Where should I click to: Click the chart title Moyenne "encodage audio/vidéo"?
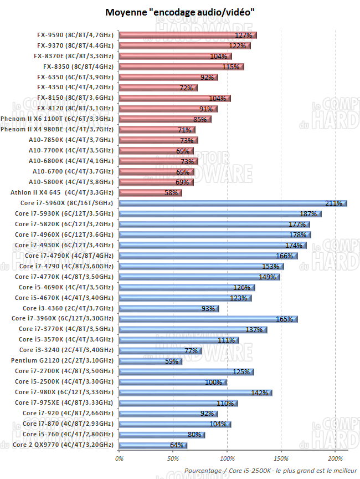click(180, 12)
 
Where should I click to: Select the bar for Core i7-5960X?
click(233, 203)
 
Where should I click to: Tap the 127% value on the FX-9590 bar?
click(243, 35)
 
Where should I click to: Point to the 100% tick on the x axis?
click(227, 458)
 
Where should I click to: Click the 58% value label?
click(171, 193)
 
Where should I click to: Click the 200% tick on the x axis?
click(335, 458)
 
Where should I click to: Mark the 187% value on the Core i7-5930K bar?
click(308, 214)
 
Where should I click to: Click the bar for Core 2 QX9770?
click(153, 445)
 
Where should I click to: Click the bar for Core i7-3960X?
click(208, 319)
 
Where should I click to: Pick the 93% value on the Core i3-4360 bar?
click(208, 308)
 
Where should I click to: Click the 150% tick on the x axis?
click(281, 458)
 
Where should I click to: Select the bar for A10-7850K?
click(158, 140)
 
